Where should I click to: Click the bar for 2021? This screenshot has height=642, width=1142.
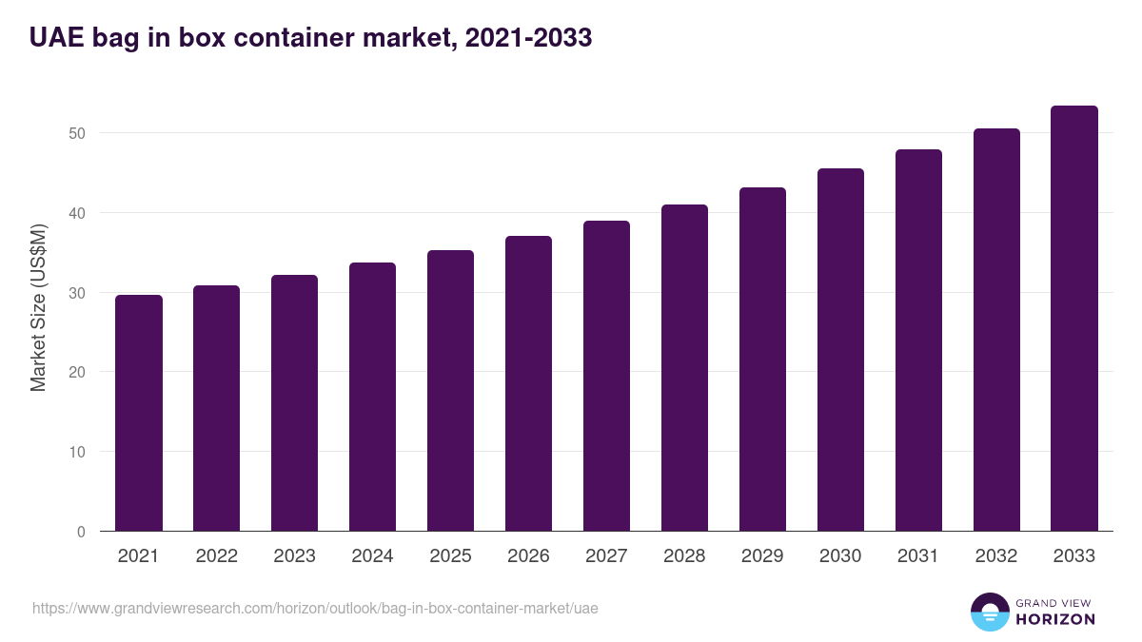(139, 413)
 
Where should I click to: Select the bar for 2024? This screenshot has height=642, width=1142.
(372, 397)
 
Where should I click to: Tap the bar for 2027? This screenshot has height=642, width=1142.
(606, 376)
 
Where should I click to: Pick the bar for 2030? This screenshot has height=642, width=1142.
(840, 350)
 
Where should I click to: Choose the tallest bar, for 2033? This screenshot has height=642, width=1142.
(1074, 319)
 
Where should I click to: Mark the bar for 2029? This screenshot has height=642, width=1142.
(762, 360)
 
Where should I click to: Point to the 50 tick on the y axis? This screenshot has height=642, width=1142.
(77, 133)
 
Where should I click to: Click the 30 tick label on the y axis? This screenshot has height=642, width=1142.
(77, 293)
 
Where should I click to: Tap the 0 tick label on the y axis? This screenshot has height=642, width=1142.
(81, 532)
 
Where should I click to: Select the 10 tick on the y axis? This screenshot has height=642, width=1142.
(77, 452)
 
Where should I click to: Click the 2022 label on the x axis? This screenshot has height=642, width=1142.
(217, 556)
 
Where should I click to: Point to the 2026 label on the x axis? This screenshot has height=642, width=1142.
(528, 556)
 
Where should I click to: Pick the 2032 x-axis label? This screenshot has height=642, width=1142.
(996, 556)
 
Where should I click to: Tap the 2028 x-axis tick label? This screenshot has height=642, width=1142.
(684, 556)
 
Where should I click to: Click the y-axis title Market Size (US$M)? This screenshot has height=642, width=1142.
(38, 308)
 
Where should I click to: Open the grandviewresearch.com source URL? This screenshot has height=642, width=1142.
(315, 608)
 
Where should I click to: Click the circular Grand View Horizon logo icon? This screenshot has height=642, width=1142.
(990, 612)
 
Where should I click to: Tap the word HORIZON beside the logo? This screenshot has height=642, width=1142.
(1055, 619)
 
